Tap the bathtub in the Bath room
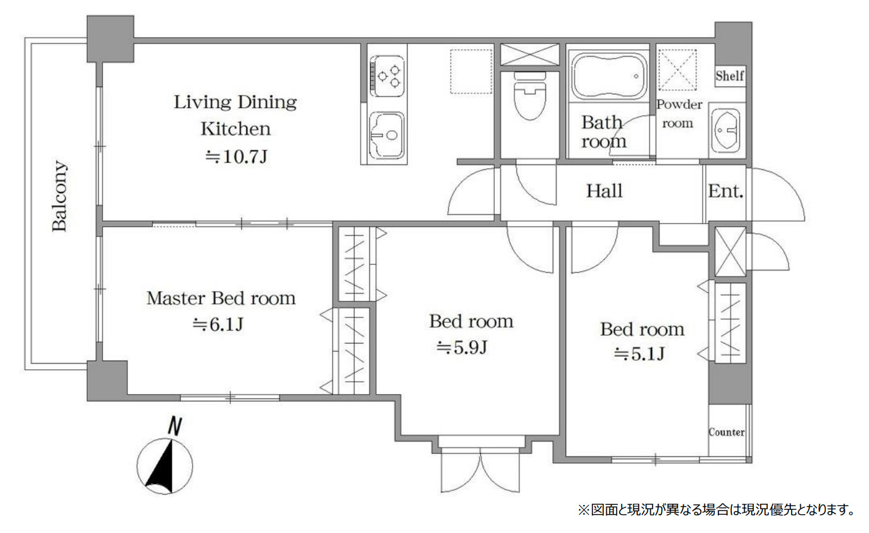click(609, 76)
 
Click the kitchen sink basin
click(387, 135)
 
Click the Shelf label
click(729, 76)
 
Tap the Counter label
click(726, 432)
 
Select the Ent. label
click(726, 191)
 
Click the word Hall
click(604, 191)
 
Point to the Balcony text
click(59, 196)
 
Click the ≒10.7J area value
click(236, 157)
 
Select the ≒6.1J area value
click(218, 324)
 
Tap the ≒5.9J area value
click(462, 348)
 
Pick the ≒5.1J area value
click(639, 354)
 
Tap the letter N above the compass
click(174, 426)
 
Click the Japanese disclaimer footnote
click(716, 509)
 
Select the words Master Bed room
click(221, 298)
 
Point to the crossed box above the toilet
click(530, 54)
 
